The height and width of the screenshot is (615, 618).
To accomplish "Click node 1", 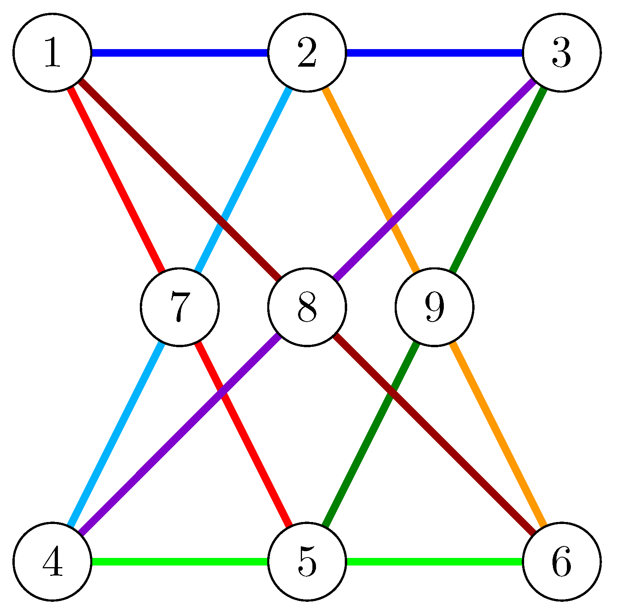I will coord(52,53).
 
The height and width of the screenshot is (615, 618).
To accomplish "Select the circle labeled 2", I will coord(307,53).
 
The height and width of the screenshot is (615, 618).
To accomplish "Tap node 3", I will coord(561,53).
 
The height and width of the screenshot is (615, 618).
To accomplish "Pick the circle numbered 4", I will coord(52,561).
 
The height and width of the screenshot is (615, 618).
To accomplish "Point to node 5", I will coord(307,561).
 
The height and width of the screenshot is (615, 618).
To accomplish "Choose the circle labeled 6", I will coord(561,561).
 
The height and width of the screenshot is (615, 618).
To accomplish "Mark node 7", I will coord(179,307).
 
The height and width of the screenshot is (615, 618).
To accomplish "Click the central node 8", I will coord(307,307).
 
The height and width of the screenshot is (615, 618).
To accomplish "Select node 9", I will coord(434,307).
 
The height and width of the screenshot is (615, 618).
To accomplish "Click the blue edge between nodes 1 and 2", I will coord(180,53).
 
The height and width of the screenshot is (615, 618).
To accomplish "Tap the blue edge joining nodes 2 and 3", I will coord(434,53).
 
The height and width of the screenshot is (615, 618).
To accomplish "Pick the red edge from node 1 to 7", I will coord(116,180).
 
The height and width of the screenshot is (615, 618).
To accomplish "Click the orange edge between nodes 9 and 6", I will coord(498,434).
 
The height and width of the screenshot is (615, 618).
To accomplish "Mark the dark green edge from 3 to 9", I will coord(498,180).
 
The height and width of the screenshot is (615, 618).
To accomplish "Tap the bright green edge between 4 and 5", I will coord(180,561).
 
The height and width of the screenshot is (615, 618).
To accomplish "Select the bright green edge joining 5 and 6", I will coord(434,561).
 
